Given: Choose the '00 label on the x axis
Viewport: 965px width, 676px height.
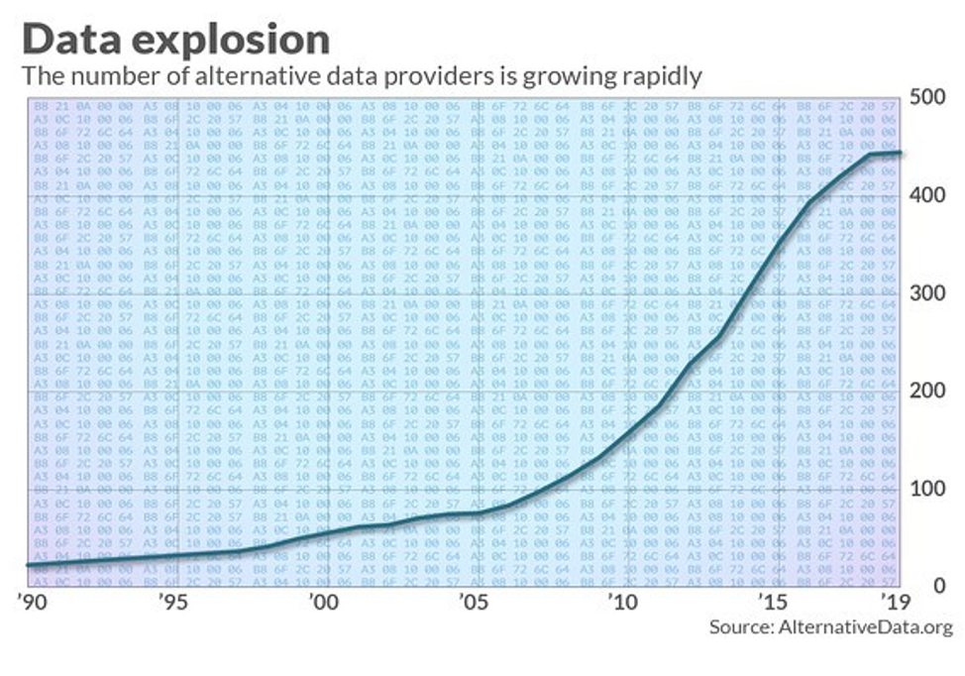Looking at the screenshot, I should coord(322,602).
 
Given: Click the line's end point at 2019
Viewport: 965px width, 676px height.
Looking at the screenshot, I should coord(899,153).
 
